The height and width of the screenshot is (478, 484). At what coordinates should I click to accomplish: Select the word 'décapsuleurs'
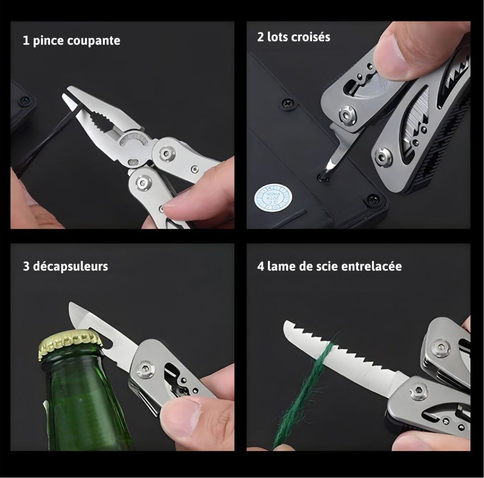[71, 266]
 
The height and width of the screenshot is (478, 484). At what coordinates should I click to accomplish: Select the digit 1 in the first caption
[26, 41]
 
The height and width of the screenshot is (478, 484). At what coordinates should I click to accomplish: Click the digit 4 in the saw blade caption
[261, 266]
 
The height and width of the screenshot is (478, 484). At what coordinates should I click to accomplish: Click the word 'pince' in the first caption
[48, 41]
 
